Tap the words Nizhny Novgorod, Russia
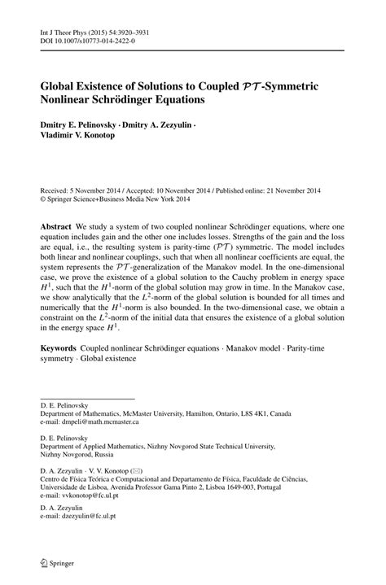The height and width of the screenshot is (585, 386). pos(76,454)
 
